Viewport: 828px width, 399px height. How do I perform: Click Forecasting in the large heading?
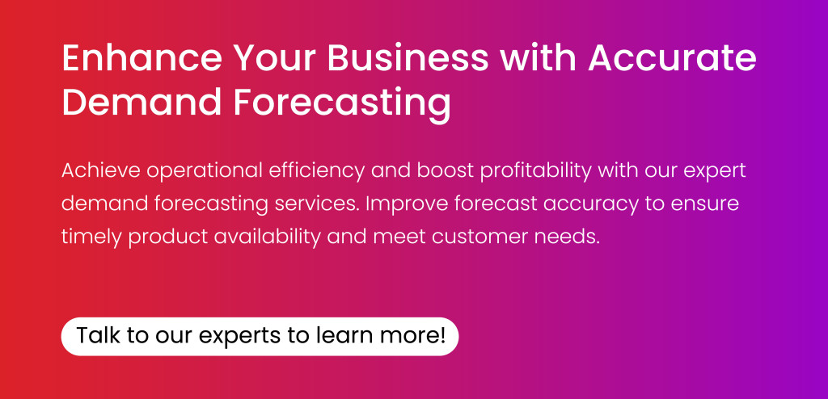343,103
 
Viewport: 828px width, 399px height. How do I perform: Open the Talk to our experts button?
260,336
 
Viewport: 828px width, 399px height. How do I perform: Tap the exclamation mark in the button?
442,335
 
